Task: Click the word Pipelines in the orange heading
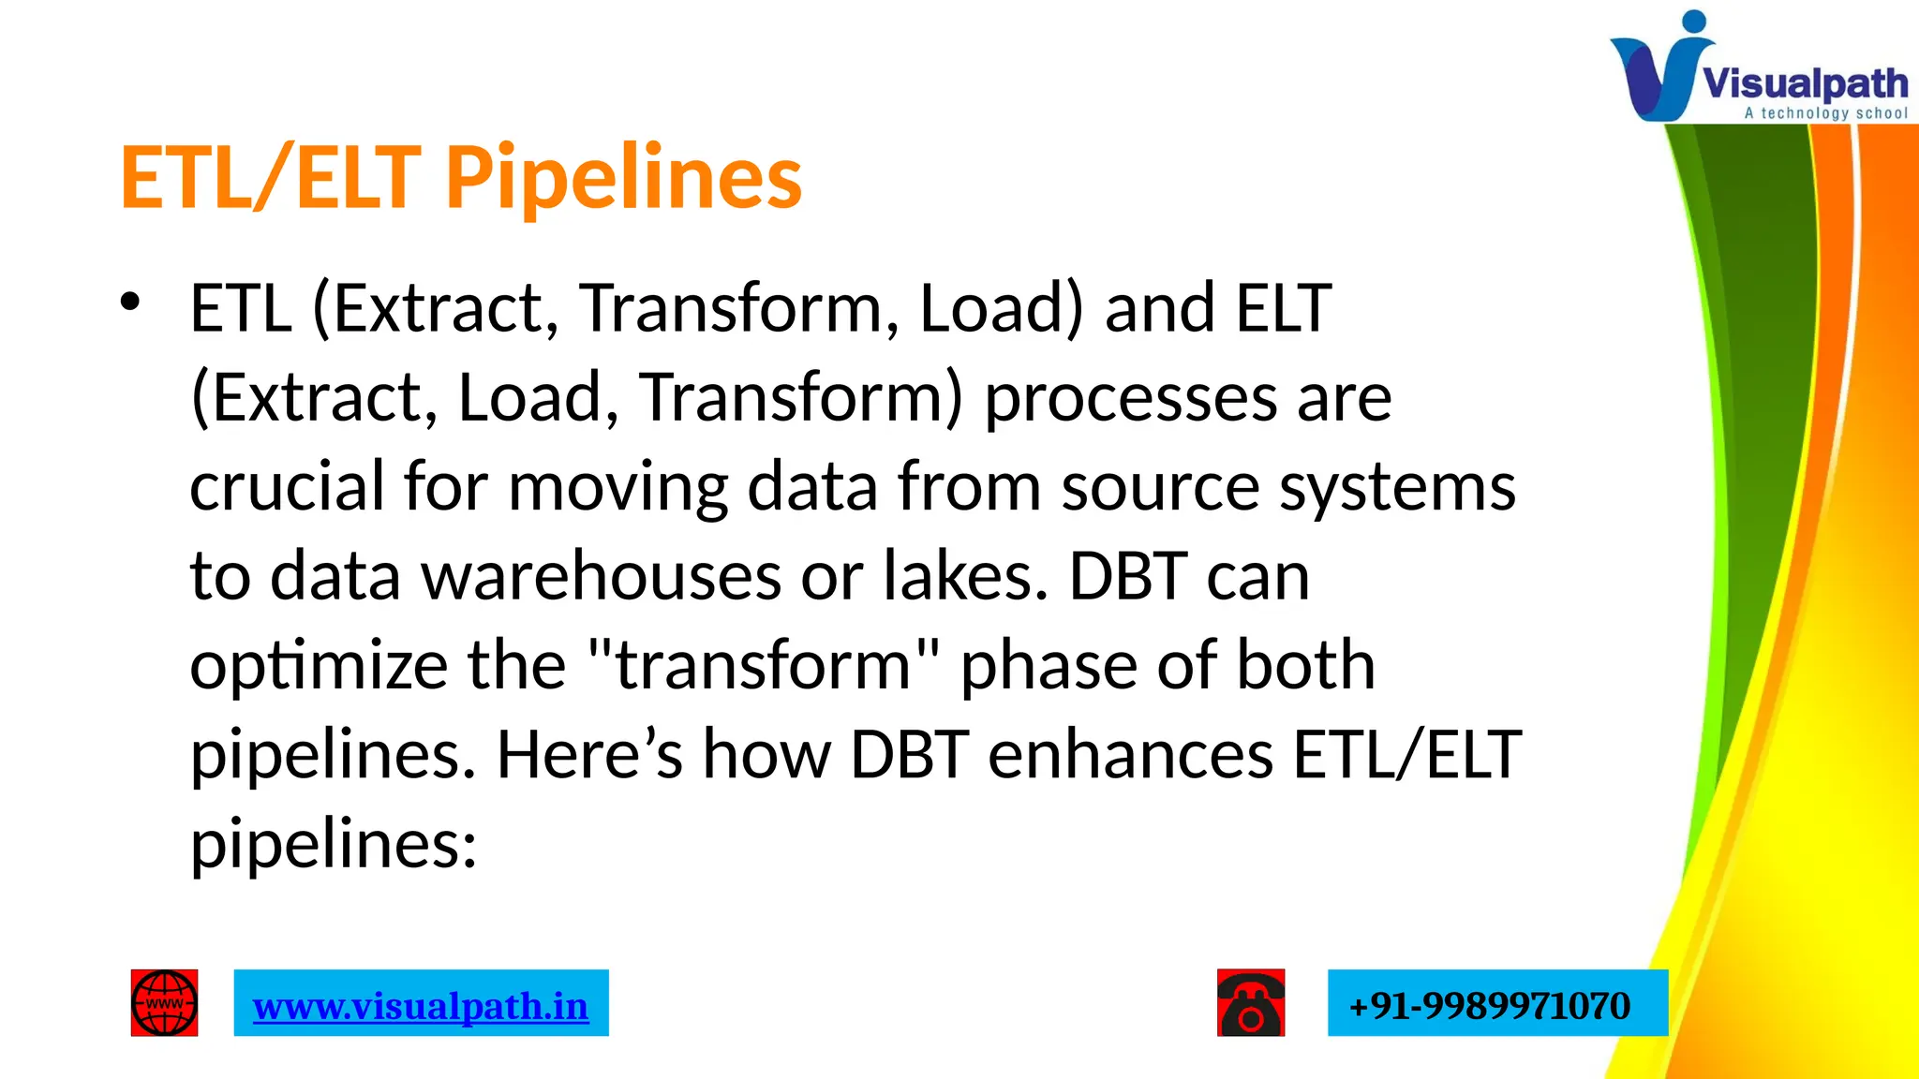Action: coord(623,178)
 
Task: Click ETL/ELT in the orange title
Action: coord(270,178)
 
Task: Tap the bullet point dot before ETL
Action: coord(129,302)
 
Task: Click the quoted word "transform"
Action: coord(763,664)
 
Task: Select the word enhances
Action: coord(1130,754)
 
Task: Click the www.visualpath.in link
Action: coord(421,1006)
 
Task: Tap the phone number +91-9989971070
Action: coord(1489,1006)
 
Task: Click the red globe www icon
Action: coord(164,1003)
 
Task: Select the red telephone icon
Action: coord(1251,1003)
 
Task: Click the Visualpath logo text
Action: coord(1804,83)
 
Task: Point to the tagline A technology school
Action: coord(1825,113)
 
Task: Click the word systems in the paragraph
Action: coord(1397,488)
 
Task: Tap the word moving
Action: coord(617,488)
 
